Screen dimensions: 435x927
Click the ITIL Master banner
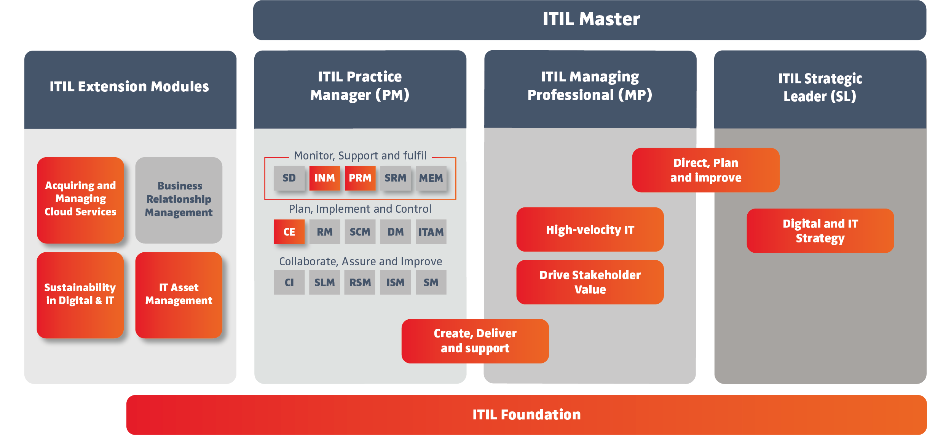coord(590,19)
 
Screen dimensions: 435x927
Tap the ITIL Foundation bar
coord(526,414)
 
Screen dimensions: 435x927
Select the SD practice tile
coord(289,178)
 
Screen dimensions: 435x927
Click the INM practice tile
coord(324,178)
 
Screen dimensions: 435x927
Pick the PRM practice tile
coord(360,178)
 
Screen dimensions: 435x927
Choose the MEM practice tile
coord(431,178)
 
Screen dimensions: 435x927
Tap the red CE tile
coord(289,232)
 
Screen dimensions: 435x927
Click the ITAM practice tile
coord(431,232)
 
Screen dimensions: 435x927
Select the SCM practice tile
coord(360,232)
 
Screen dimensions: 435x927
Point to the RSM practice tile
coord(360,282)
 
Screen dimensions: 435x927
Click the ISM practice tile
coord(395,282)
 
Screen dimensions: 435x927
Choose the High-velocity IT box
coord(590,229)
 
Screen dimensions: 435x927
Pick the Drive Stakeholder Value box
coord(590,282)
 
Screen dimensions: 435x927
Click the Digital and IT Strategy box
coord(820,231)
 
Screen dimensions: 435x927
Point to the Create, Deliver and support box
coord(475,341)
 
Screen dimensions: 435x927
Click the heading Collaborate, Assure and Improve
coord(360,261)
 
